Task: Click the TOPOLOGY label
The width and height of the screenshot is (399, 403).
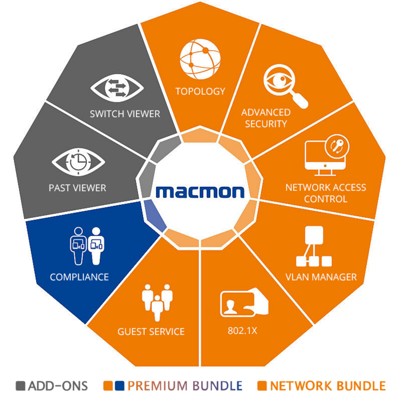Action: (200, 91)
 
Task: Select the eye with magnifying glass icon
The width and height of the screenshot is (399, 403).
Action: (284, 85)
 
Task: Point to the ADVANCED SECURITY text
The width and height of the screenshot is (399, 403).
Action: (266, 118)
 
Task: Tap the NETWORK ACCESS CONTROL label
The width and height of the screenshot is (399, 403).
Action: (325, 193)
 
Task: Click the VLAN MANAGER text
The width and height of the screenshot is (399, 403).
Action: (321, 277)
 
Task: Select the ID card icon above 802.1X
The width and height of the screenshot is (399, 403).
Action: (244, 303)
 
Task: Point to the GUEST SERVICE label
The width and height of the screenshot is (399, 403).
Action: (151, 331)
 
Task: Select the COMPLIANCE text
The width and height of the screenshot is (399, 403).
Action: (79, 277)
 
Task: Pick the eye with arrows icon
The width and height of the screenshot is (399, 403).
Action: (117, 87)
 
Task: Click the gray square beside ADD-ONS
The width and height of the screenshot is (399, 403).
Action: (21, 386)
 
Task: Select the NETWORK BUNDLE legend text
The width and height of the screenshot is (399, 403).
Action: (327, 386)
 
